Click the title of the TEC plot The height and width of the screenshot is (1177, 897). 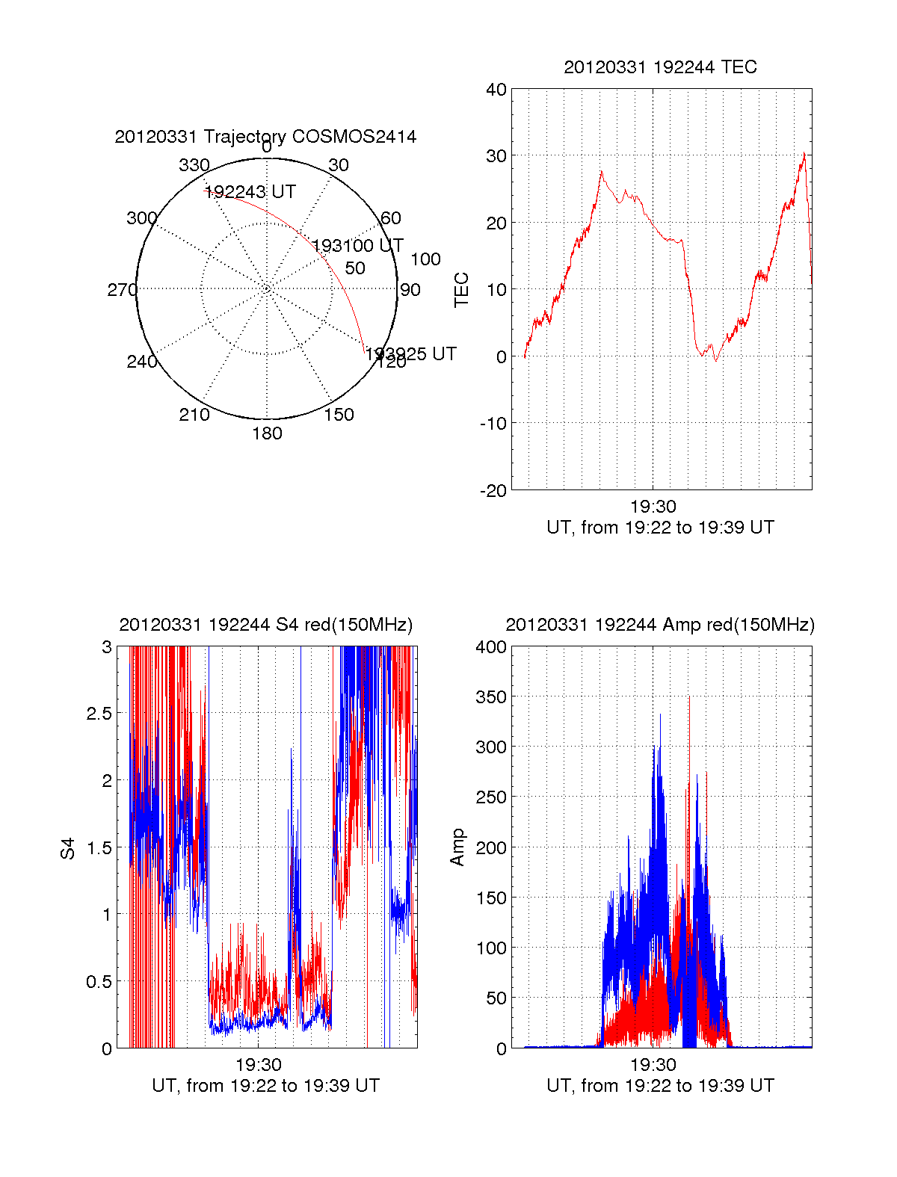(x=660, y=67)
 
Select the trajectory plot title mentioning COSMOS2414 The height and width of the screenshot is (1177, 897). (x=265, y=137)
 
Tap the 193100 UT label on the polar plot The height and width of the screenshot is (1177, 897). (x=357, y=246)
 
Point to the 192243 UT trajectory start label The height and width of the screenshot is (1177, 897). (x=250, y=192)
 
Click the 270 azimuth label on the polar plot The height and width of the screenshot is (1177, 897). (x=122, y=290)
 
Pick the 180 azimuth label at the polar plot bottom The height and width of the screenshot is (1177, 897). (x=267, y=433)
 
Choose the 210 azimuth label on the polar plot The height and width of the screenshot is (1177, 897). (x=194, y=415)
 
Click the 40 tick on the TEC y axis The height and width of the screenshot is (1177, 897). (x=496, y=90)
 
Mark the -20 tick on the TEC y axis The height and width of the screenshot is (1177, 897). (x=493, y=490)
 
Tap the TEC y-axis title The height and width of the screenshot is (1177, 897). (x=462, y=290)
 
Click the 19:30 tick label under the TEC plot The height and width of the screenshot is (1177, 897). (x=653, y=507)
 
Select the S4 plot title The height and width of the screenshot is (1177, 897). (x=265, y=625)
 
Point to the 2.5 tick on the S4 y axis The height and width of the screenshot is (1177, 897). (x=99, y=714)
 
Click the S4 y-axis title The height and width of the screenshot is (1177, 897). (x=68, y=848)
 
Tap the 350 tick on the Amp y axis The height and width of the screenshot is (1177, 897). (x=491, y=697)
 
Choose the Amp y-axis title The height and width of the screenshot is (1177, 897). (x=457, y=847)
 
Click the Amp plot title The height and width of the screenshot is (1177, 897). (x=660, y=625)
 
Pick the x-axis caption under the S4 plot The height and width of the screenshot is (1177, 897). (x=265, y=1086)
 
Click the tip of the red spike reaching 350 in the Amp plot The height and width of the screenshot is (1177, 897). (x=689, y=697)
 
